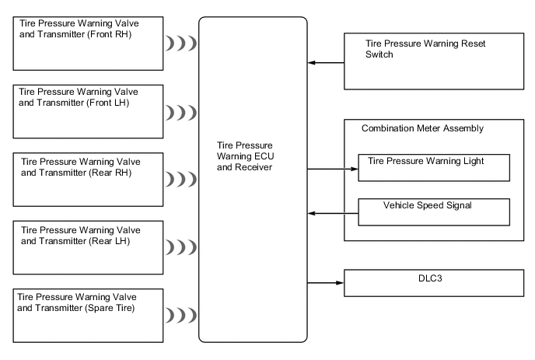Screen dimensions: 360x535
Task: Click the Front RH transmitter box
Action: click(86, 44)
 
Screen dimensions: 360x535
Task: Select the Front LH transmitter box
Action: click(86, 111)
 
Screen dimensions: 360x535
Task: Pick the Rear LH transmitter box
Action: click(86, 247)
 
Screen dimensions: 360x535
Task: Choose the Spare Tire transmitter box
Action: click(86, 315)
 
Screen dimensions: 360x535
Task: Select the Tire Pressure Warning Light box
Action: click(433, 166)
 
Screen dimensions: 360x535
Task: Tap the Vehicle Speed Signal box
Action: click(433, 211)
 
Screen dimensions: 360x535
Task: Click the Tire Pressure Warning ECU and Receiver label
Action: click(253, 156)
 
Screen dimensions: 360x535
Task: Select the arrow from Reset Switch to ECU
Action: click(326, 61)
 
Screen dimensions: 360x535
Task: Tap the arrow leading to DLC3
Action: click(326, 282)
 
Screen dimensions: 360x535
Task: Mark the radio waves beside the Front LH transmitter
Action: click(181, 113)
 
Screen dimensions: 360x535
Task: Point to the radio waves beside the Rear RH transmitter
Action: click(181, 180)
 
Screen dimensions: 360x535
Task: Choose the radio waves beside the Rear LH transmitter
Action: click(181, 247)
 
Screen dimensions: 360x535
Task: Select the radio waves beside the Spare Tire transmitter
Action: click(181, 316)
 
